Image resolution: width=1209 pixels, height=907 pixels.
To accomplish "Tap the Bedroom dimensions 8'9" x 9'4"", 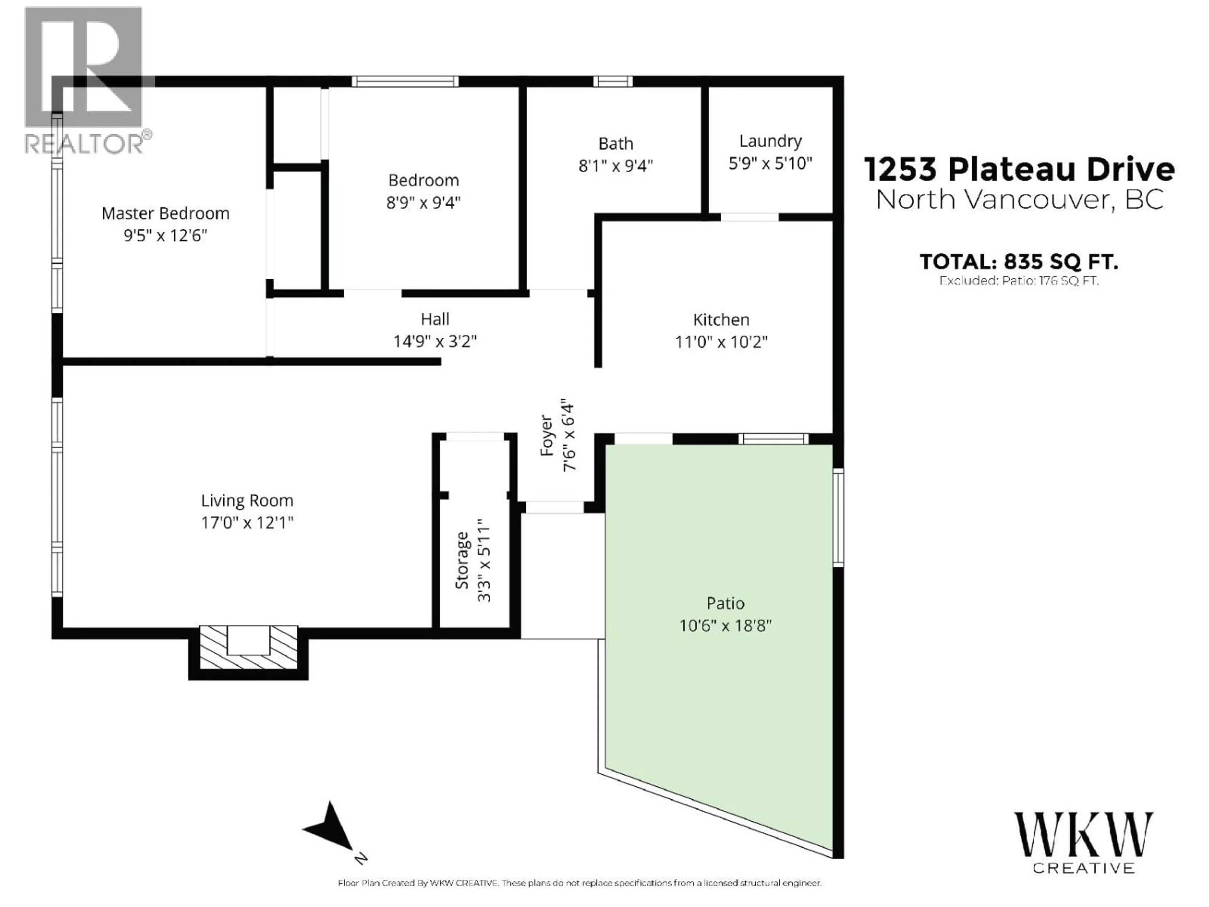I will [x=423, y=203].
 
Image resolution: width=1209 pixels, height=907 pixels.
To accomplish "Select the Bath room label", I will [x=616, y=144].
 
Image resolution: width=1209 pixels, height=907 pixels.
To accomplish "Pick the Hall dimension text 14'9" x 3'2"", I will [x=435, y=342].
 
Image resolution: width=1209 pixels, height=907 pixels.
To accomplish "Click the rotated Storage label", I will [x=463, y=560].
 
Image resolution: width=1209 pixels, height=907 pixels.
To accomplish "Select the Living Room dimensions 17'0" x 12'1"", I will [x=247, y=523].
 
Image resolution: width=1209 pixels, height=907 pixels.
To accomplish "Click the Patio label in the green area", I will [x=725, y=604].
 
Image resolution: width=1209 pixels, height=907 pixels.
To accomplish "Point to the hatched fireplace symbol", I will [x=249, y=648].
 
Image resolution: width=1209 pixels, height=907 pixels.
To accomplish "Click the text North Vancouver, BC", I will [x=1019, y=200].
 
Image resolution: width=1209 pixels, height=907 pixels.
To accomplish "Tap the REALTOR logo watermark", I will [x=85, y=82].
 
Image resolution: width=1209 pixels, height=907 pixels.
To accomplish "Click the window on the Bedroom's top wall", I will [x=405, y=82].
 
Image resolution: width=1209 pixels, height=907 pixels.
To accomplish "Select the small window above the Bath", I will [x=613, y=82].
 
